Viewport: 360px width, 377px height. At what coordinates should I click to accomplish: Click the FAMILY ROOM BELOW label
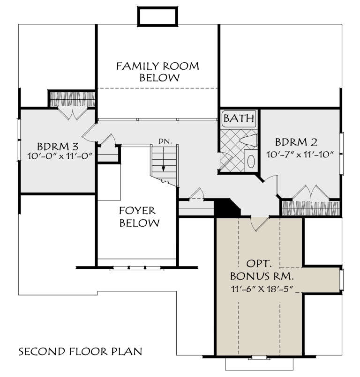click(x=157, y=72)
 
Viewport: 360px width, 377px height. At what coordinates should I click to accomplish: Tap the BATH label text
click(x=239, y=118)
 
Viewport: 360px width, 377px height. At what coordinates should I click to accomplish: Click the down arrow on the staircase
click(x=164, y=169)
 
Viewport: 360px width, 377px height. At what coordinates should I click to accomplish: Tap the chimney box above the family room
click(x=157, y=16)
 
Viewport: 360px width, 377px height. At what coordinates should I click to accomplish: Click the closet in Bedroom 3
click(x=73, y=99)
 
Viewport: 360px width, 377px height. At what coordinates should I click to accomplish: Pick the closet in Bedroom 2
click(x=310, y=207)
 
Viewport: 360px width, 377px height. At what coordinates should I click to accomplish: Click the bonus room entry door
click(x=259, y=224)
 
